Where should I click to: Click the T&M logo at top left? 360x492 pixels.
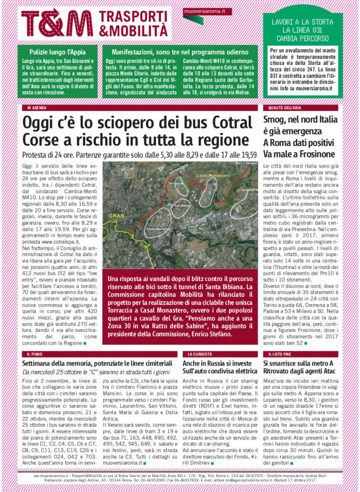pos(57,24)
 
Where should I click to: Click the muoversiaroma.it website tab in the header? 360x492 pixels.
pos(205,10)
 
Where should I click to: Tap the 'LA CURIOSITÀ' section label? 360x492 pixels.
pos(197,354)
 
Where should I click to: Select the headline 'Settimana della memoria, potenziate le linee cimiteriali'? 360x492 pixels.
pos(97,363)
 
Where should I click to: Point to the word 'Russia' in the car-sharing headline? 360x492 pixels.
pos(217,363)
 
